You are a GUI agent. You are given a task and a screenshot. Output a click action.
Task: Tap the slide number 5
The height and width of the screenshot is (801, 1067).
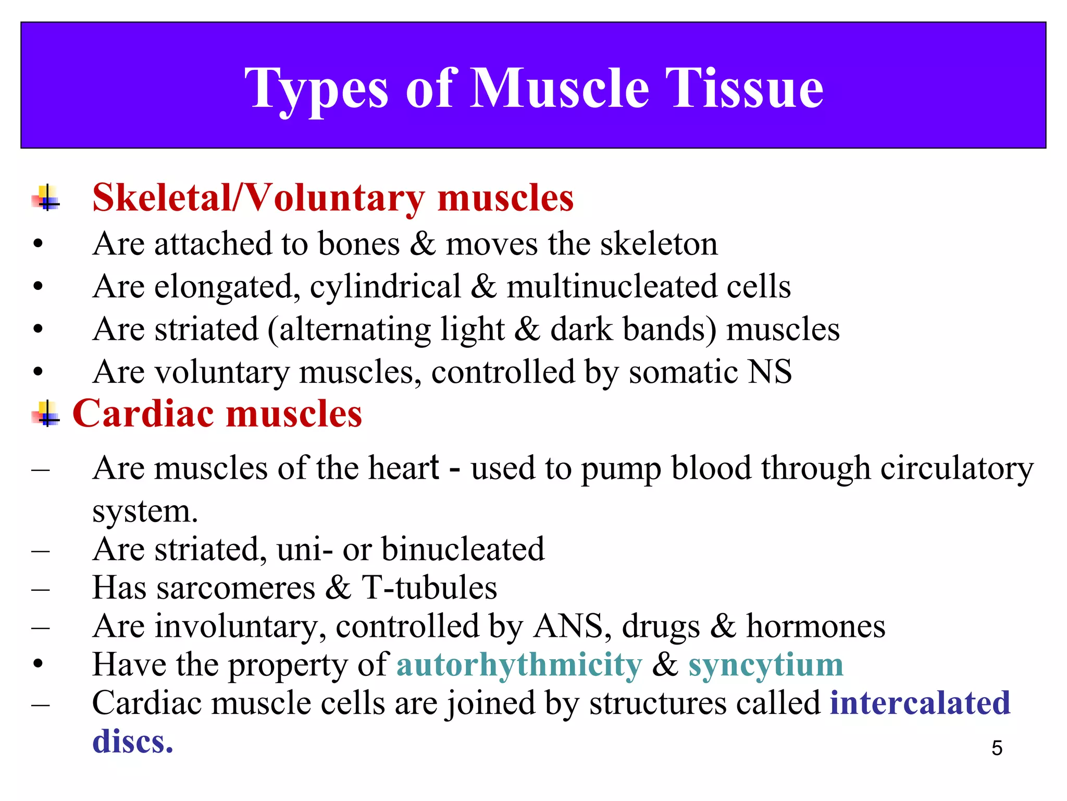[997, 748]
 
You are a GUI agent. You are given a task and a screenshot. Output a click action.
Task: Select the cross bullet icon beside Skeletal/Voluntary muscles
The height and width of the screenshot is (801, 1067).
[46, 198]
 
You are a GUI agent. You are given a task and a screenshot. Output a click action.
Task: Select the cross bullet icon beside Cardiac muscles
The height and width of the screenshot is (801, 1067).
[46, 414]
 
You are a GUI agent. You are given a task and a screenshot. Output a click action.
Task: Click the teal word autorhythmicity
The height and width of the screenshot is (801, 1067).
[519, 665]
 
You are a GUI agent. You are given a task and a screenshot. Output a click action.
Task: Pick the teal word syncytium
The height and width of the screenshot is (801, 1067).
[765, 665]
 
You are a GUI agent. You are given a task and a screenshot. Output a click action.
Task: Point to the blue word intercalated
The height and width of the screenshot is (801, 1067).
[920, 702]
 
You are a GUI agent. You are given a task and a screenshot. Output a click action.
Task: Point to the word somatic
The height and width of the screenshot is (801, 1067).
[683, 372]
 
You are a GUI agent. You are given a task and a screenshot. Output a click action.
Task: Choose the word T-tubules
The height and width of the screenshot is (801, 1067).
[429, 588]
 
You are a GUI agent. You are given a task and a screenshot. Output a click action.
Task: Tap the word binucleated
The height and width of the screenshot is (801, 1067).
[463, 549]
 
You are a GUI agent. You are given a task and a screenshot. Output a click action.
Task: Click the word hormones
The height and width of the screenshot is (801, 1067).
[815, 626]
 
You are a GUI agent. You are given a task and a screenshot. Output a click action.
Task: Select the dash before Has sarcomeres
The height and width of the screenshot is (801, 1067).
[40, 590]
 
